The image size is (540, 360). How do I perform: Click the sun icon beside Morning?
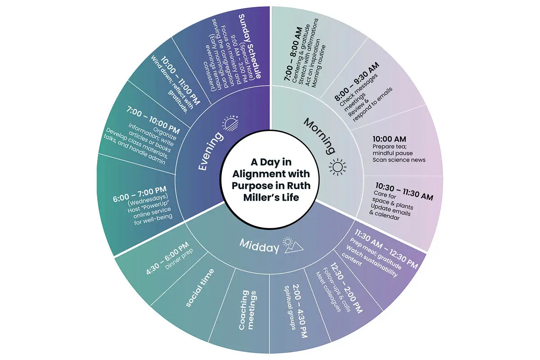coord(337,167)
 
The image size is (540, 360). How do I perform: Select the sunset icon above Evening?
coord(231,123)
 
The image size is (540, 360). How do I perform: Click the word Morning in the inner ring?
coord(319,136)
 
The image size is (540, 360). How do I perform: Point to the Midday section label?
coord(259,246)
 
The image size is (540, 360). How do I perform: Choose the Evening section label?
coord(211,151)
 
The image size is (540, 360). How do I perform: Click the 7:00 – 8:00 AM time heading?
coord(293,54)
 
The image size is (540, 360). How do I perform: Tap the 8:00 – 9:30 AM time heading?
coord(356,81)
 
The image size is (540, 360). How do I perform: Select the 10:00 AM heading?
coord(389,139)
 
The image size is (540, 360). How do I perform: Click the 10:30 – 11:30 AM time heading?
coord(404,191)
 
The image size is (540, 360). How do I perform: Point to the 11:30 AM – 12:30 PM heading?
coord(386,249)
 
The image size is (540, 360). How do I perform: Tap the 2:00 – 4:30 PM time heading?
coord(301,311)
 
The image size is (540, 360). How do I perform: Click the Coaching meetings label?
coord(247,310)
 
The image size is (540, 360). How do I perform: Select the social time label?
coord(200,288)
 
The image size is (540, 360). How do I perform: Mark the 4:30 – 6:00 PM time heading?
coord(167,258)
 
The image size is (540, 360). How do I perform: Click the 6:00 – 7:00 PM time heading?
coord(139,194)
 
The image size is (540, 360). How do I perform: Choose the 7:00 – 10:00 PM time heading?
coord(153,120)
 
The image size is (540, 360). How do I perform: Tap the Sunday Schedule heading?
coord(249,46)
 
